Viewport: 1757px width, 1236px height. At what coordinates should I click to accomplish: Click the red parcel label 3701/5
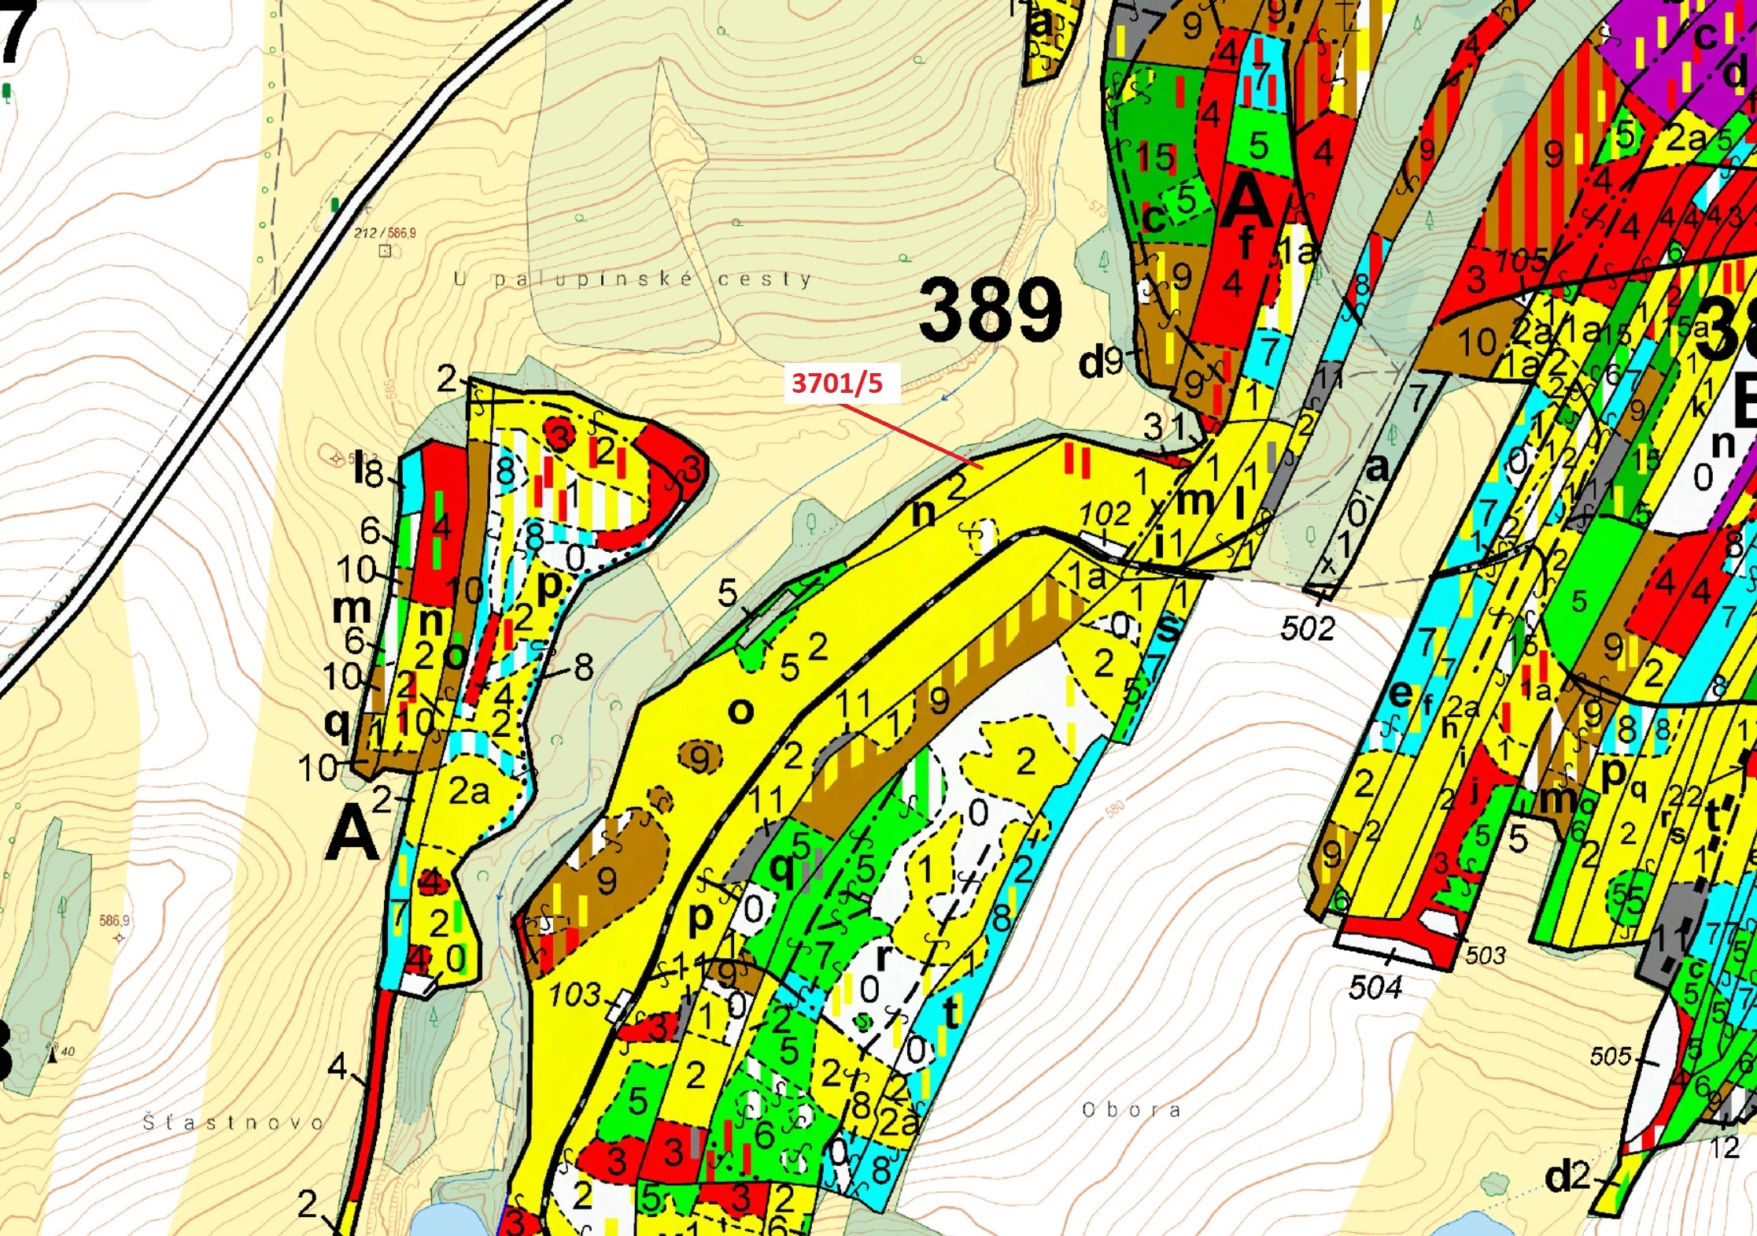(837, 383)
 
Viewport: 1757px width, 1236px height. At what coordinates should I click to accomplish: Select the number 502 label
(1308, 629)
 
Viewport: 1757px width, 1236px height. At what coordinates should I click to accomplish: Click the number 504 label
(1375, 987)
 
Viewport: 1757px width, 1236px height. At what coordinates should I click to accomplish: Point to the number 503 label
(1485, 955)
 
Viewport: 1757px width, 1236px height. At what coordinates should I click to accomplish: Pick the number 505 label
(1611, 1056)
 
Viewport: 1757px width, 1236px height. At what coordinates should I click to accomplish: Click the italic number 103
(575, 995)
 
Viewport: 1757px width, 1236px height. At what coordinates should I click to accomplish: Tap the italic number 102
(1105, 515)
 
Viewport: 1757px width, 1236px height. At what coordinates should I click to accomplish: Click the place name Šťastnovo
(234, 1122)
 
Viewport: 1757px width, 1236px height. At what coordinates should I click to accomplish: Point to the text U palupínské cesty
(633, 279)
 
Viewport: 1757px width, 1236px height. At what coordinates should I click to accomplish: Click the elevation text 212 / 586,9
(385, 233)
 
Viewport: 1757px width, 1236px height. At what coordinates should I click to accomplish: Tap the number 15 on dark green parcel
(1155, 157)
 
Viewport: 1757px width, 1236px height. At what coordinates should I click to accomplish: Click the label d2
(1567, 1177)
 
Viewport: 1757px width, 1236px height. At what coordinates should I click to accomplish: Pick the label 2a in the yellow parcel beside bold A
(469, 791)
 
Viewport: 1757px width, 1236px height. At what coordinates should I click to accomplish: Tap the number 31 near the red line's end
(1165, 427)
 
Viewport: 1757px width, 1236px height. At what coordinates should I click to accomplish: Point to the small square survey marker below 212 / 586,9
(385, 251)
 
